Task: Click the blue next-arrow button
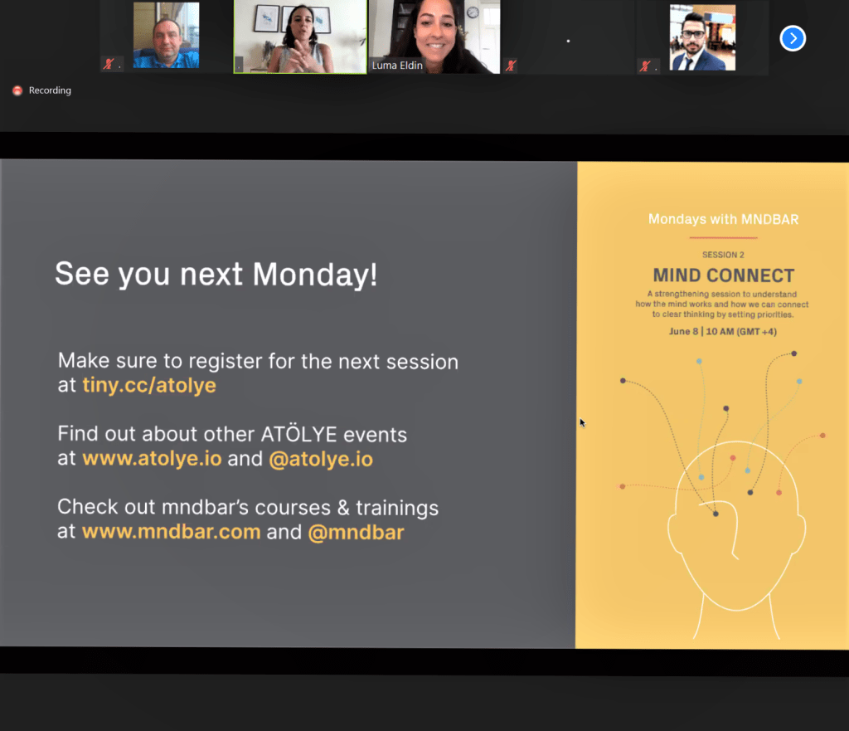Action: [x=793, y=38]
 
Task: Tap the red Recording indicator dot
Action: [x=17, y=90]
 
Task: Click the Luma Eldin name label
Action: [x=397, y=66]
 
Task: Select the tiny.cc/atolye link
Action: [x=149, y=385]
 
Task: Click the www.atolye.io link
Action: [x=153, y=459]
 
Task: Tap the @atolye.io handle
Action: [x=321, y=460]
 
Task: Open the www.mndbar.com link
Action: [x=172, y=532]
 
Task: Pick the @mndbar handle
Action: [x=357, y=533]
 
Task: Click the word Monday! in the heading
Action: [x=314, y=274]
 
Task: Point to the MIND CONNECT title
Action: [x=723, y=275]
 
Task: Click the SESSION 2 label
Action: [x=723, y=255]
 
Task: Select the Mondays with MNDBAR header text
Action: [x=723, y=219]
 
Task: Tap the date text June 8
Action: [x=683, y=331]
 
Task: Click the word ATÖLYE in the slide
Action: [x=298, y=434]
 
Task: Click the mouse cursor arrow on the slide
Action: [x=582, y=422]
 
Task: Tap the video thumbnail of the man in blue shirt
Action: [x=166, y=36]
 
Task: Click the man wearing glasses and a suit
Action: [x=702, y=37]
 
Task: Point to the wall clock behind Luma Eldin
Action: [x=473, y=12]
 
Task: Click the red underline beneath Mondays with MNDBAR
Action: [x=723, y=237]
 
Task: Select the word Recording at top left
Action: [x=50, y=90]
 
